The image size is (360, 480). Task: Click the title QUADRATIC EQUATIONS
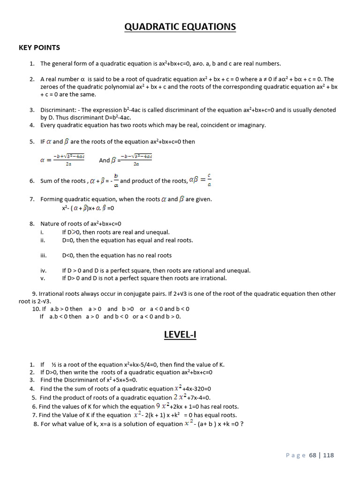pos(180,27)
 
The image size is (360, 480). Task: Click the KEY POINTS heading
pos(39,47)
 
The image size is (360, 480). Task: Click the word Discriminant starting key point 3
pos(59,110)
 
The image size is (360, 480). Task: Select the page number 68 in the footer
pos(313,455)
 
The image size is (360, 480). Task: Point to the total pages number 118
pos(329,455)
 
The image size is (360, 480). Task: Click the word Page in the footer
pos(295,455)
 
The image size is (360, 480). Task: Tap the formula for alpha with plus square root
pos(63,159)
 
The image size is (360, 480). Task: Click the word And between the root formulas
pos(105,160)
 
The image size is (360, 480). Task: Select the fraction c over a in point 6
pos(209,180)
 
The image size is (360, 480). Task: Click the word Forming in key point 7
pos(52,199)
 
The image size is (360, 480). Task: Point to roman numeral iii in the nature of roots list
pos(43,255)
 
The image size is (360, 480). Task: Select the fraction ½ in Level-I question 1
pos(54,365)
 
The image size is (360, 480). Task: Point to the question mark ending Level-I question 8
pos(242,424)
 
